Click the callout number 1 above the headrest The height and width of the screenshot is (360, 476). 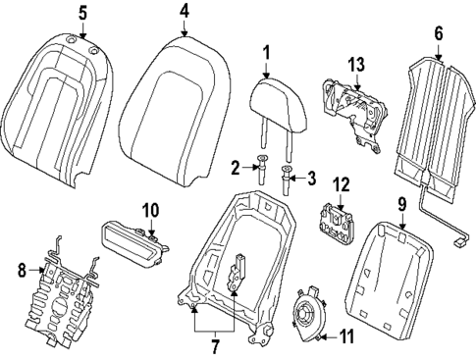(x=265, y=51)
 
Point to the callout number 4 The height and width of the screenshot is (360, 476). (x=184, y=12)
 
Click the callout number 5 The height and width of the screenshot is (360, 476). (x=82, y=12)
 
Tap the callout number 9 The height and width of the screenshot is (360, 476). (x=402, y=205)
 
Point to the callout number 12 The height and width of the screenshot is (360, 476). (x=341, y=183)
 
